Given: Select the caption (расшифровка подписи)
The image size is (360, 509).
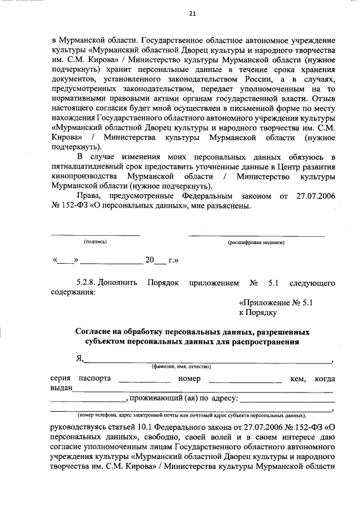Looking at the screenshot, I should coord(256,242).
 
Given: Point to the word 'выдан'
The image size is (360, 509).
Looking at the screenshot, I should coord(61,389).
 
